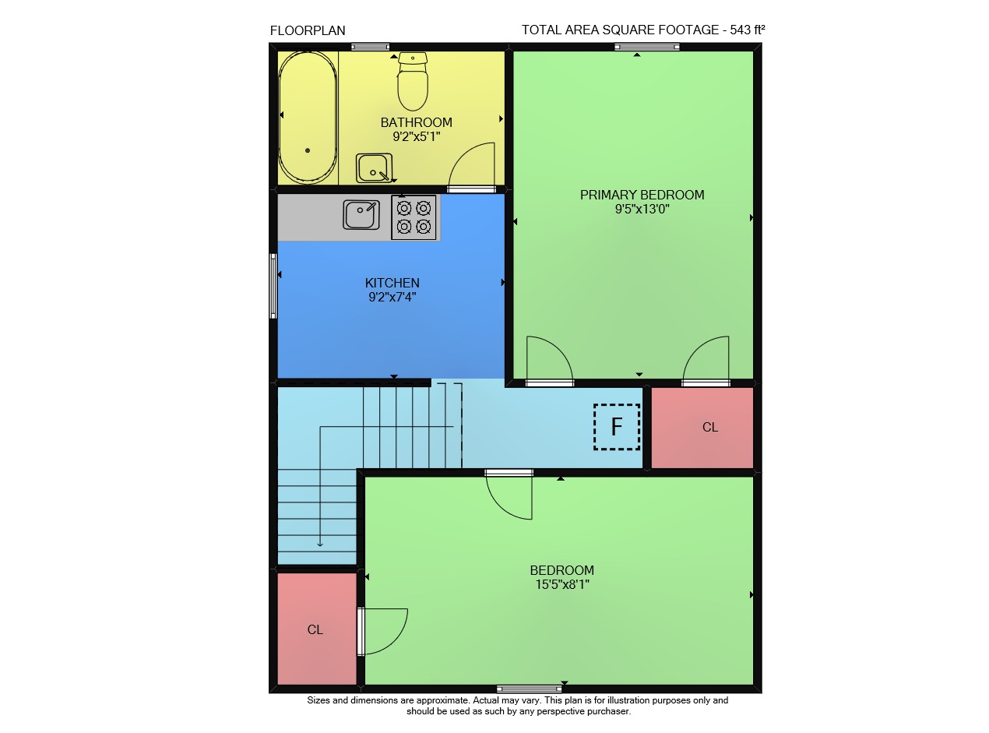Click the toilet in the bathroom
[x=413, y=82]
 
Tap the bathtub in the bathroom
[x=308, y=118]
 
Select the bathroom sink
[x=374, y=168]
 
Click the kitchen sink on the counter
[x=361, y=214]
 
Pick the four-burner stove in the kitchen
[x=414, y=217]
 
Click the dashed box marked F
[x=617, y=427]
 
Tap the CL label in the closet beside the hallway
[x=710, y=428]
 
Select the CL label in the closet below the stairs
[x=315, y=630]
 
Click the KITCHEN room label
[x=392, y=283]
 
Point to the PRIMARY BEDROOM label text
[x=642, y=195]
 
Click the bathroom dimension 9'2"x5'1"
[x=417, y=136]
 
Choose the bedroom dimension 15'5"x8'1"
[x=562, y=584]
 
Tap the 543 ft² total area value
[x=748, y=30]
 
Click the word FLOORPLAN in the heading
[x=308, y=31]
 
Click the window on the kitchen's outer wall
[x=273, y=286]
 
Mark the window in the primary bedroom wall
[x=647, y=47]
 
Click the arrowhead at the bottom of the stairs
[x=320, y=544]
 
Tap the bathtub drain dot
[x=308, y=150]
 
